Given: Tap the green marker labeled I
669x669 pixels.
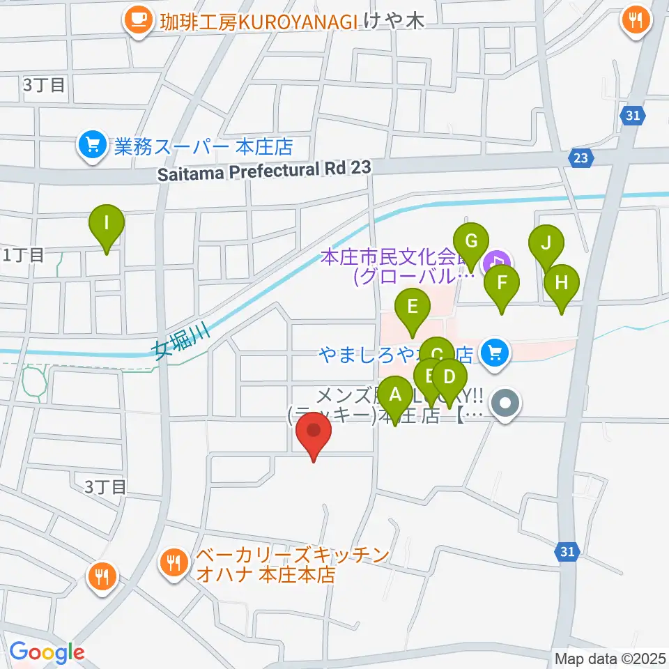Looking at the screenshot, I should tap(107, 224).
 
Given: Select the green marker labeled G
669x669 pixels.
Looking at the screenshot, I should tap(471, 243).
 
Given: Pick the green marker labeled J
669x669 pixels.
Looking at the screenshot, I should tap(546, 244).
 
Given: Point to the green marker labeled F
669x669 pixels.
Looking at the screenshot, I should tap(501, 284).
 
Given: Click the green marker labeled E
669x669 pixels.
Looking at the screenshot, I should tap(412, 307).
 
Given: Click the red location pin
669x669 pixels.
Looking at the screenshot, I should tap(314, 433).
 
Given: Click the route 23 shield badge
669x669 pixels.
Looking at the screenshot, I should tap(580, 158).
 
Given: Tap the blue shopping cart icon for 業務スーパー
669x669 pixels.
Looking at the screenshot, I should tap(91, 146).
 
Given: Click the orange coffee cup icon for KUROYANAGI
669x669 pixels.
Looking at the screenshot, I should tap(139, 19).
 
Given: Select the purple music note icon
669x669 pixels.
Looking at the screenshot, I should tap(498, 262).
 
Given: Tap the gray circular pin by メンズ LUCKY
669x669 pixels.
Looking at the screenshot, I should tap(506, 404).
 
